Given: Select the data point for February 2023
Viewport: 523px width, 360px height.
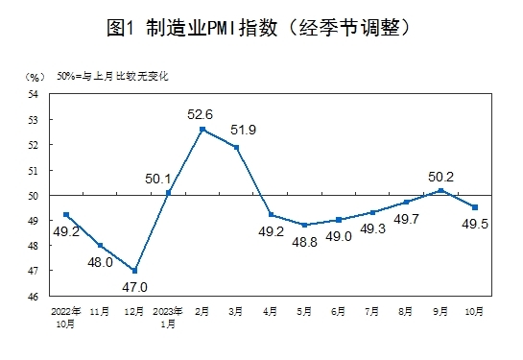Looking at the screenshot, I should tap(202, 129).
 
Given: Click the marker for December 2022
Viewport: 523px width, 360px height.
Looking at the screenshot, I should tap(134, 270).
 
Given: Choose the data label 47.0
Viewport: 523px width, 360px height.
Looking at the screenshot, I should tap(134, 286).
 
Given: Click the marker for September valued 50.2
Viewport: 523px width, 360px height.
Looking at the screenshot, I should tap(440, 190).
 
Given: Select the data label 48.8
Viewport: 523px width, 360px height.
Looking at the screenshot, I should tap(304, 243).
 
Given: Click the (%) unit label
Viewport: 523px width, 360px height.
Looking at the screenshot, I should tap(34, 75).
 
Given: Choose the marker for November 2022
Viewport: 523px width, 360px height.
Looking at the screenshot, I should tap(101, 245).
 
